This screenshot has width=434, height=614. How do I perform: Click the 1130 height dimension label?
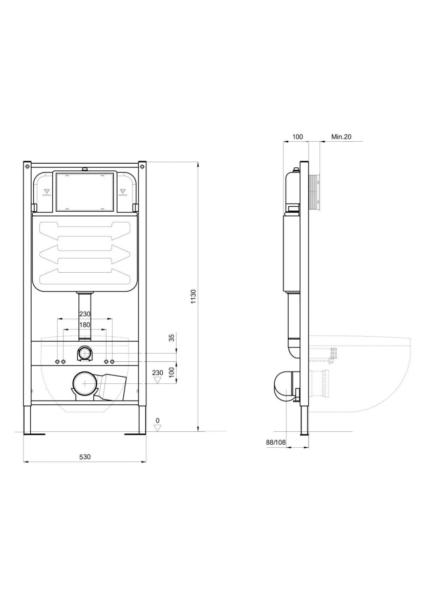(x=193, y=296)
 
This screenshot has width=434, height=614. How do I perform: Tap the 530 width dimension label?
(x=85, y=456)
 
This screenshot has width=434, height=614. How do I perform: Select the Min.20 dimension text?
(x=341, y=137)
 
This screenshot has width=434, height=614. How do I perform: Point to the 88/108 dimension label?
(x=276, y=442)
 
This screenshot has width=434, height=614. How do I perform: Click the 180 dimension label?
(x=84, y=325)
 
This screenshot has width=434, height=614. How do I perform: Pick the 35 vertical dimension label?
(x=172, y=338)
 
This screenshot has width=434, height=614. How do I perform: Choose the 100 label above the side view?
(x=297, y=137)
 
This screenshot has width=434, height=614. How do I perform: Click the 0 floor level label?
(x=157, y=421)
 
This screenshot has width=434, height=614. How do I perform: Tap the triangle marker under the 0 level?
(x=157, y=428)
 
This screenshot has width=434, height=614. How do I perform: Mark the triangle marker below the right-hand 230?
(x=157, y=380)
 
